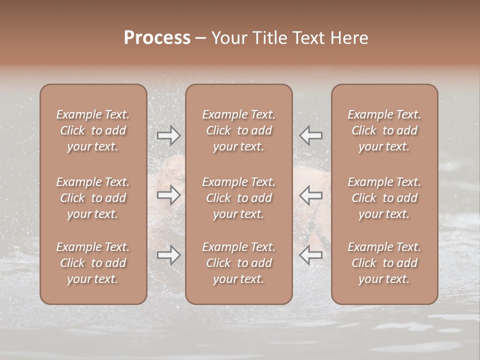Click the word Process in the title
click(157, 38)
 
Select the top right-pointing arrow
click(168, 135)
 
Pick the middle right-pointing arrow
click(168, 195)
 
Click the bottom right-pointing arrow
click(168, 255)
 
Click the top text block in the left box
click(93, 130)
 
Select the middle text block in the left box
click(93, 198)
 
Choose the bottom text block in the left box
click(93, 263)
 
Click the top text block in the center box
click(239, 130)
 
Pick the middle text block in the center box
click(239, 198)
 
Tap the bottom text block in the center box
click(239, 263)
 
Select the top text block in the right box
click(384, 130)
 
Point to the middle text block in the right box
click(384, 198)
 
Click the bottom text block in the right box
click(384, 263)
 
